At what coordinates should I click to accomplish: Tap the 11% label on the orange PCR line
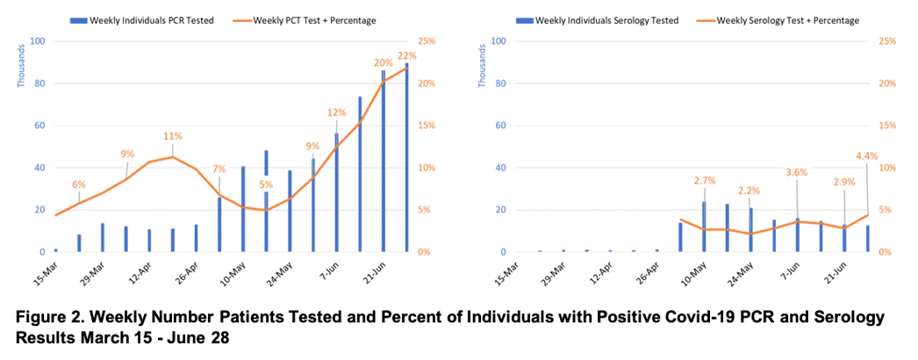coord(173,136)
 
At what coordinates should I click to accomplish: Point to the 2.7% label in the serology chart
coord(705,180)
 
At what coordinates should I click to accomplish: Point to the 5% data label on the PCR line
coord(266,184)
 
